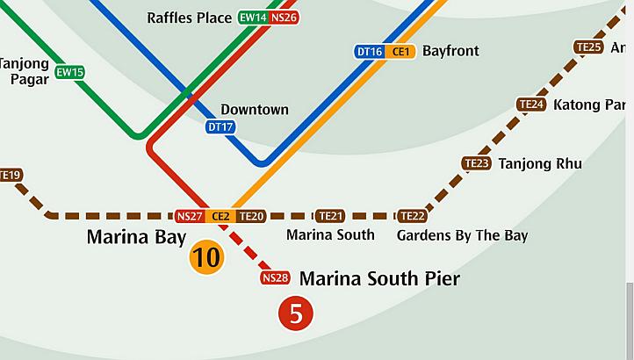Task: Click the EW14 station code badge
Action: (x=253, y=18)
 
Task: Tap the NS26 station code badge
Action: (x=284, y=18)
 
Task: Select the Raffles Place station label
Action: (x=190, y=18)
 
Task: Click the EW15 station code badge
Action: (x=69, y=72)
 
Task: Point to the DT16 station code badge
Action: (x=370, y=52)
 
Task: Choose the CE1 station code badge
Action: (x=400, y=52)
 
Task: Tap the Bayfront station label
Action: (x=450, y=51)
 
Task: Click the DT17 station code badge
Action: (x=220, y=127)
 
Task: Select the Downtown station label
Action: (x=254, y=110)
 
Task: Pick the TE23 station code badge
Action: (x=476, y=163)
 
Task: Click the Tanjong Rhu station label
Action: (x=540, y=163)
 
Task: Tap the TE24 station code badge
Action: (x=532, y=104)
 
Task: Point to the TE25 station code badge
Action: (x=588, y=47)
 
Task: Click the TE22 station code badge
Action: (x=412, y=216)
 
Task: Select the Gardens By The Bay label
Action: (x=462, y=235)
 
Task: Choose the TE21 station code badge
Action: (x=330, y=216)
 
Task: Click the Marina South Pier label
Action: (x=379, y=279)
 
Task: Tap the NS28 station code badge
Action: (x=275, y=278)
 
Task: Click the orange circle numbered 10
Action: (x=207, y=258)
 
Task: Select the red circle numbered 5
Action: (x=296, y=313)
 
